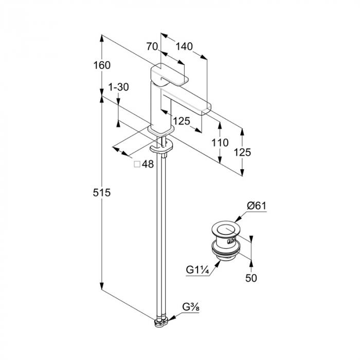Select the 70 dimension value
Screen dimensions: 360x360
click(152, 46)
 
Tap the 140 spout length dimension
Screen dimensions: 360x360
click(184, 46)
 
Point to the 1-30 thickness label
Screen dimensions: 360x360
click(119, 87)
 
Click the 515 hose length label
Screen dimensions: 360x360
click(102, 193)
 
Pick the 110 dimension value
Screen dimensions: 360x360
click(220, 142)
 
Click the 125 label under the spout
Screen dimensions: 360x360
click(181, 121)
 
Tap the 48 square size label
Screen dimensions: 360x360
click(148, 165)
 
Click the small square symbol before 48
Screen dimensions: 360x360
click(137, 165)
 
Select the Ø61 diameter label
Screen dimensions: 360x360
click(256, 206)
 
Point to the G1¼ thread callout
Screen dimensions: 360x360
click(197, 268)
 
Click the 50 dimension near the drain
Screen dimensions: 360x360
click(251, 278)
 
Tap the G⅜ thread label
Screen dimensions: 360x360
click(189, 308)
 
